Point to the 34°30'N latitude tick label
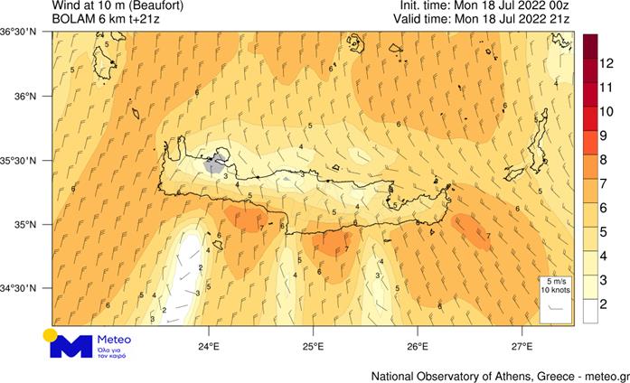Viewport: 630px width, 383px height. [20, 289]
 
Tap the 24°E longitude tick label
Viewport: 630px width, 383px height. [210, 346]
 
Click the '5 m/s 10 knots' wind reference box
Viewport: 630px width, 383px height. [556, 297]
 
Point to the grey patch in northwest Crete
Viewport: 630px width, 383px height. [214, 165]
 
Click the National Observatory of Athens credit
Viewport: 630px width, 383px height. [500, 375]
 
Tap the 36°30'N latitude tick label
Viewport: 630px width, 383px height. [20, 33]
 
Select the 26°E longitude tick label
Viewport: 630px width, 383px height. [418, 346]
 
